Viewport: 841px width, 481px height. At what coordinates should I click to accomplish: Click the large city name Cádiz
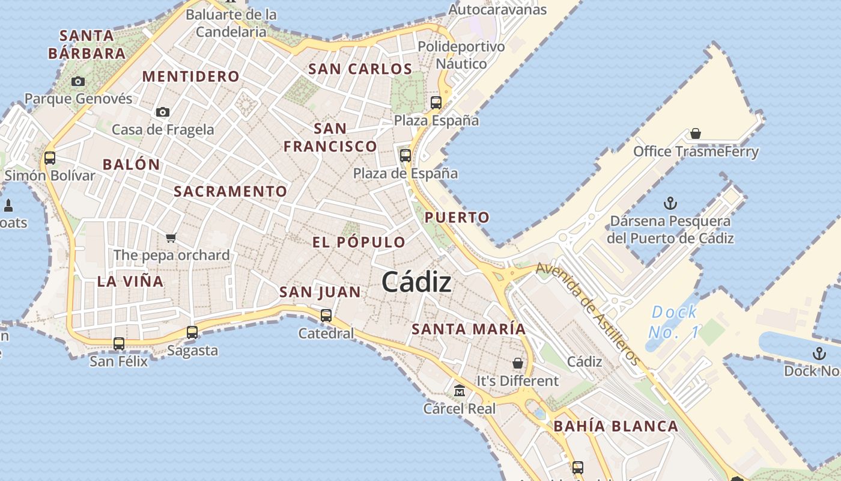416,281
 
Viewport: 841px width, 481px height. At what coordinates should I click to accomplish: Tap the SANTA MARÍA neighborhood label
469,329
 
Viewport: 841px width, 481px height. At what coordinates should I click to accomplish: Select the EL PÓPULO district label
359,242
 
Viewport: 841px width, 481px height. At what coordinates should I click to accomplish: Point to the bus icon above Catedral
326,315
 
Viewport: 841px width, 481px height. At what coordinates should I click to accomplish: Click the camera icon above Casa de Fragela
162,112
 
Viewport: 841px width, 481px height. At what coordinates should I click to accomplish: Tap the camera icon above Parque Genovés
78,81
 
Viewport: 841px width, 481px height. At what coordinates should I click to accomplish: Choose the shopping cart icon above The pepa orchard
171,237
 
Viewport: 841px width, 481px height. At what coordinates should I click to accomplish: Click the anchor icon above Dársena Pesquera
670,203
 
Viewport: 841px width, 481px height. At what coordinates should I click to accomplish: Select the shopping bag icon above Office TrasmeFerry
696,133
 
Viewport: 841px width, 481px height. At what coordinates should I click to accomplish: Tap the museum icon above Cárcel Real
460,391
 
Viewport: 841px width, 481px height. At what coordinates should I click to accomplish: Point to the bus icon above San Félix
119,344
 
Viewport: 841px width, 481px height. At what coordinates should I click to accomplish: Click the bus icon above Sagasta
192,332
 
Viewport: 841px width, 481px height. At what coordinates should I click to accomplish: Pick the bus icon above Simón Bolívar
50,158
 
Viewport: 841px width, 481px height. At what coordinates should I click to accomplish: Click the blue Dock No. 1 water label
674,322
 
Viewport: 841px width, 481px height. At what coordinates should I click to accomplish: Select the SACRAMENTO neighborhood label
231,192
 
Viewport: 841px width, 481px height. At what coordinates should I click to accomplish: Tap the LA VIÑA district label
130,281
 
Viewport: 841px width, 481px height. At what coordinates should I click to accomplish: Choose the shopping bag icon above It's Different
518,363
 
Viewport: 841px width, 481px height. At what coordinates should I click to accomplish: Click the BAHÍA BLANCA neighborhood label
616,426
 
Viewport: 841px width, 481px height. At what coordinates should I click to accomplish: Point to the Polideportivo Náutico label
461,55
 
